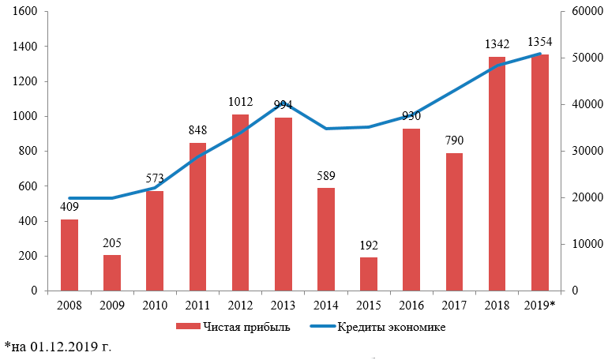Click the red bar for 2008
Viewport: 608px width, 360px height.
tap(69, 255)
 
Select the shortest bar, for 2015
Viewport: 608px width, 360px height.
tap(369, 274)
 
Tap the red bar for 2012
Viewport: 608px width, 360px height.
tap(240, 203)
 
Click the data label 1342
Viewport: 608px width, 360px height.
tap(497, 43)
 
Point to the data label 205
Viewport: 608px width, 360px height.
tap(112, 242)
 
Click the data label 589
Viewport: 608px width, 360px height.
tap(325, 175)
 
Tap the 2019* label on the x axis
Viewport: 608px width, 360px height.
tap(539, 306)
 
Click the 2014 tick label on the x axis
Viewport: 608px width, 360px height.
tap(325, 306)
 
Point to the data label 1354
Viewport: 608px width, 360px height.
tap(539, 41)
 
